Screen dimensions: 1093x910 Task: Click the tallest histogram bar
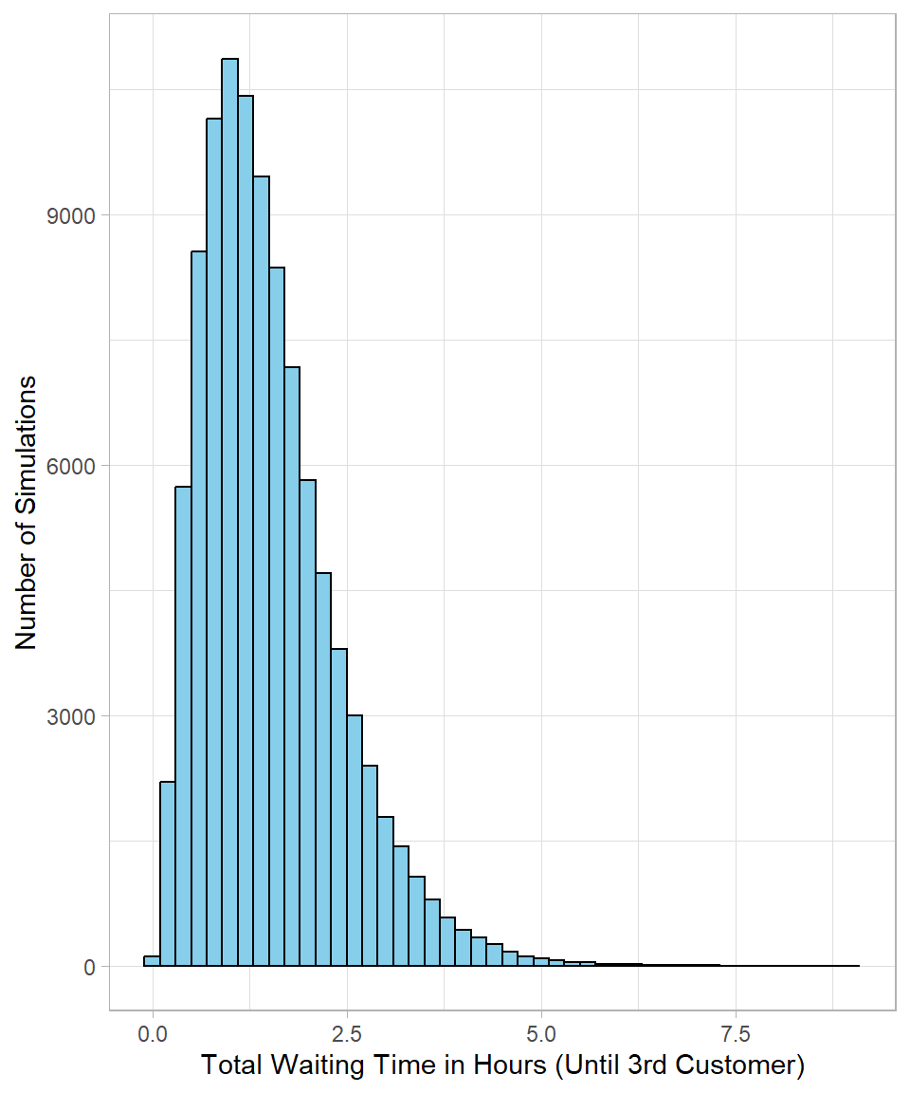[x=229, y=512]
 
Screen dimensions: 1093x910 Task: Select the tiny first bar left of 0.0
[x=152, y=961]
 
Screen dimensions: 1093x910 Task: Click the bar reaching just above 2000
[x=168, y=873]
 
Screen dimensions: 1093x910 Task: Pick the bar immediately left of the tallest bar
[x=214, y=541]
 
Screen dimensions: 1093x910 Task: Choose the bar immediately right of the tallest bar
[x=246, y=531]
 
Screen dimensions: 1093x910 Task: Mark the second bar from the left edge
[x=168, y=873]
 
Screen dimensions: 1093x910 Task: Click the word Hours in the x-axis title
[x=507, y=1065]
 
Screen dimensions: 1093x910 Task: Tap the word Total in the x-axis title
[x=231, y=1065]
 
